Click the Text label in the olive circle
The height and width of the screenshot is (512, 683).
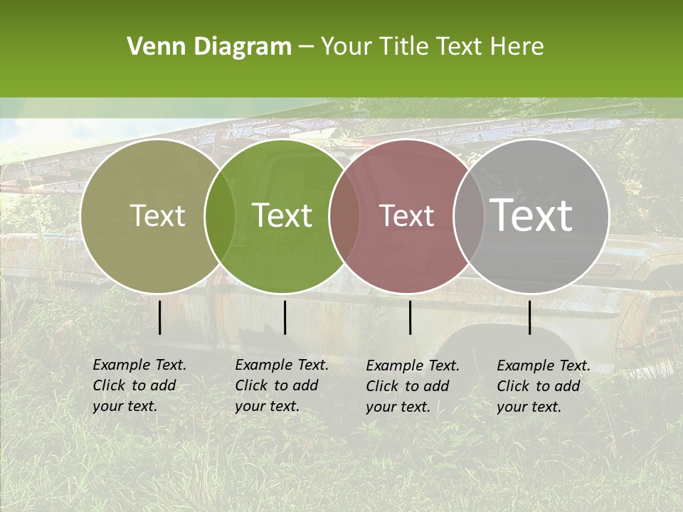(157, 215)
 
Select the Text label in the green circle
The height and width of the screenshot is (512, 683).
(282, 215)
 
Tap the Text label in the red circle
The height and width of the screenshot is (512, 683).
(407, 215)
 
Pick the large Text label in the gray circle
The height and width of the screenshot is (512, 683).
(531, 215)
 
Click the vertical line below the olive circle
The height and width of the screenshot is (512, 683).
(159, 317)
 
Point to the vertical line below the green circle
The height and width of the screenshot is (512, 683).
(285, 317)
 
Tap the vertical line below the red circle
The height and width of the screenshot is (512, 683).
(410, 317)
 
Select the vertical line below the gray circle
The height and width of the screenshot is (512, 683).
(529, 317)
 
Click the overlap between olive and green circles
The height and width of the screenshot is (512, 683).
(220, 216)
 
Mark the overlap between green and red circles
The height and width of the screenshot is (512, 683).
(344, 216)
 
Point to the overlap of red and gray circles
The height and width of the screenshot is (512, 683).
(468, 216)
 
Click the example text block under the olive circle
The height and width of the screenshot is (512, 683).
(139, 385)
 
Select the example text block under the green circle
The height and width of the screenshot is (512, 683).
(282, 385)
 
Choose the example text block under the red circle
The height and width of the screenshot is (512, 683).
(413, 386)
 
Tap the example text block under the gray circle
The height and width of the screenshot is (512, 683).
(544, 386)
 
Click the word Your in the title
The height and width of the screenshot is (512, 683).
(345, 47)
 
